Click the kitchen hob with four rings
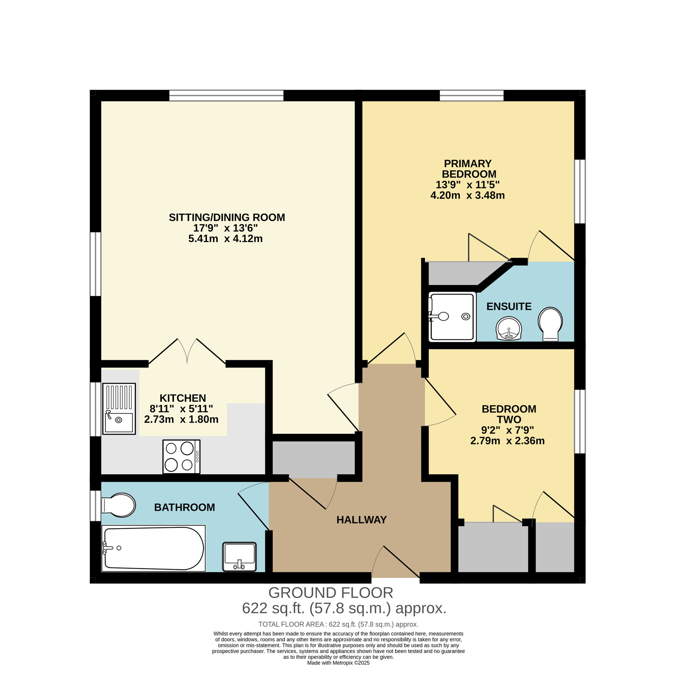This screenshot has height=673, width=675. click(x=181, y=456)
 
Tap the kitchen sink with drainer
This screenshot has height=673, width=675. click(x=119, y=408)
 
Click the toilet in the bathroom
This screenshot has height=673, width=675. click(x=118, y=505)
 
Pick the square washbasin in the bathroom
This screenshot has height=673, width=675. click(x=239, y=556)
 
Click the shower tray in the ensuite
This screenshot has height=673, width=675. click(x=452, y=317)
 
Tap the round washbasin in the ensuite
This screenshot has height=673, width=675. click(x=509, y=328)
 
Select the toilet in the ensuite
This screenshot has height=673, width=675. click(x=550, y=323)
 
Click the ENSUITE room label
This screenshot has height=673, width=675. click(x=509, y=306)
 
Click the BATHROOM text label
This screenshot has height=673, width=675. click(x=185, y=507)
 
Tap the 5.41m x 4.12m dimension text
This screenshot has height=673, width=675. click(x=225, y=239)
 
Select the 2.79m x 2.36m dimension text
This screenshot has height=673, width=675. click(x=507, y=441)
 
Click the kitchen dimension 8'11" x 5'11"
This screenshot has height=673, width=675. click(x=181, y=408)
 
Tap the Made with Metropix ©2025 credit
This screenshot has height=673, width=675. click(x=338, y=663)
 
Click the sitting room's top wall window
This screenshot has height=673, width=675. click(x=226, y=96)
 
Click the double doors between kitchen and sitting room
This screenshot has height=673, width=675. click(x=187, y=352)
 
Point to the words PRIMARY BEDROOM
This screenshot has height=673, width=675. click(x=468, y=169)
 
